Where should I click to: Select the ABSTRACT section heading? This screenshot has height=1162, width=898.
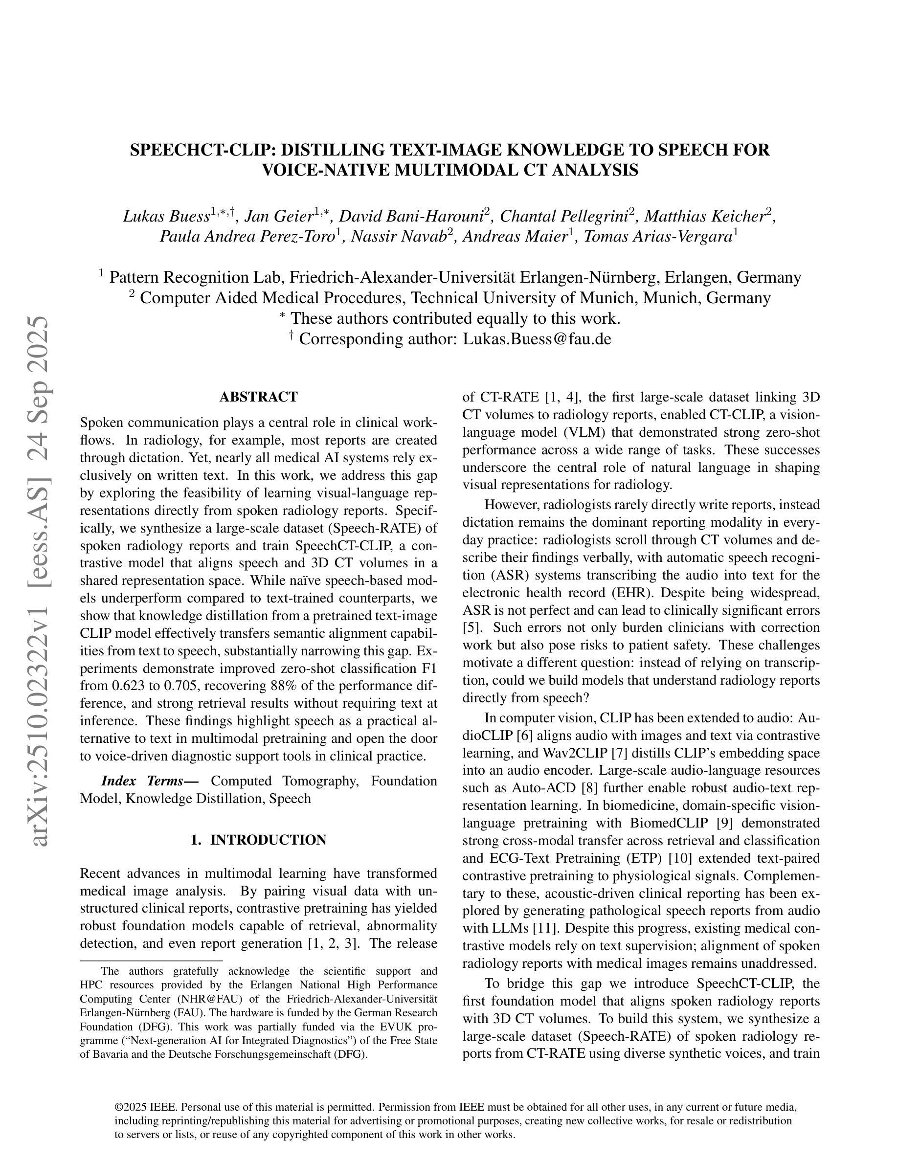point(259,397)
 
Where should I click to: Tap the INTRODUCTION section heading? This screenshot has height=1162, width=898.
point(268,840)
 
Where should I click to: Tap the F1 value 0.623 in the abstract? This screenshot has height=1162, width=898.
point(122,686)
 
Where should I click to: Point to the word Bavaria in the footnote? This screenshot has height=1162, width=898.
point(109,1054)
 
